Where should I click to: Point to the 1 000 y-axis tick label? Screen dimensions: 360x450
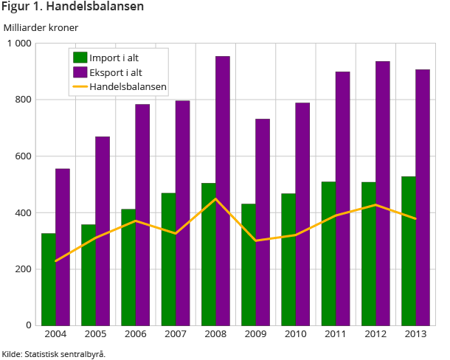click(17, 44)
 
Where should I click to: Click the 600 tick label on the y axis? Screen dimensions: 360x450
click(22, 156)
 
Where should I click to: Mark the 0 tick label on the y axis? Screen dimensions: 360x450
click(28, 325)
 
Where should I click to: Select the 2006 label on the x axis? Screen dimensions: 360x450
click(136, 336)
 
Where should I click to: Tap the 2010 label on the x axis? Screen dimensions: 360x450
click(295, 336)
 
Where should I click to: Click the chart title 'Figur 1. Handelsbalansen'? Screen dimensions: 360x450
click(72, 7)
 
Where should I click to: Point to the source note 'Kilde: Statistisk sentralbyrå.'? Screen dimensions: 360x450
click(53, 353)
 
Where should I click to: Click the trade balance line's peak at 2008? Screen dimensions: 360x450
click(215, 199)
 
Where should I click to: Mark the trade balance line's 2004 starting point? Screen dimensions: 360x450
click(56, 261)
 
